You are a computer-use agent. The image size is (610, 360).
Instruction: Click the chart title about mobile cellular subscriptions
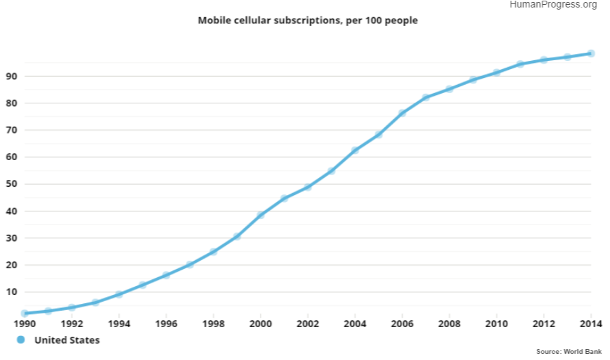click(308, 21)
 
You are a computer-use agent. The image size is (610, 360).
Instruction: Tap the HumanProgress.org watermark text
click(553, 5)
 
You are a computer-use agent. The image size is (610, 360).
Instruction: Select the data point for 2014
click(591, 53)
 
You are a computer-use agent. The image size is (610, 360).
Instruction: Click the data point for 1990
click(25, 313)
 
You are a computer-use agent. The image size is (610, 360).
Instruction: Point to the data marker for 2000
click(261, 215)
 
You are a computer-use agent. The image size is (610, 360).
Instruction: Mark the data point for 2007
click(425, 98)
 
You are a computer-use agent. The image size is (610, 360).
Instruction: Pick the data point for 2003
click(331, 171)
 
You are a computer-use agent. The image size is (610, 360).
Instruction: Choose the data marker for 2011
click(520, 64)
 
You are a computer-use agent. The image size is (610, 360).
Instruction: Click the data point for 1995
click(142, 285)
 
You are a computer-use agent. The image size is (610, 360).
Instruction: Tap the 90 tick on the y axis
click(12, 77)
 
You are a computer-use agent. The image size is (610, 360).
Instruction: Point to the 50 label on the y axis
click(12, 184)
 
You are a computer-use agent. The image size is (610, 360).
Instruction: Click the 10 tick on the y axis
click(12, 292)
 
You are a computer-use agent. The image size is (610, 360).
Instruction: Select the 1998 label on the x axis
click(213, 324)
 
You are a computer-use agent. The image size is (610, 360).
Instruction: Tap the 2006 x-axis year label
click(402, 324)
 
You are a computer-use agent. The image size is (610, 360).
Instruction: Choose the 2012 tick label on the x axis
click(544, 324)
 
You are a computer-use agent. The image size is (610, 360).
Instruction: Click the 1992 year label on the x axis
click(72, 324)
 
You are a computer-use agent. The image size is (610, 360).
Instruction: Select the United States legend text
click(67, 340)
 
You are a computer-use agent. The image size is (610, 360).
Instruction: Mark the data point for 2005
click(378, 134)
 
